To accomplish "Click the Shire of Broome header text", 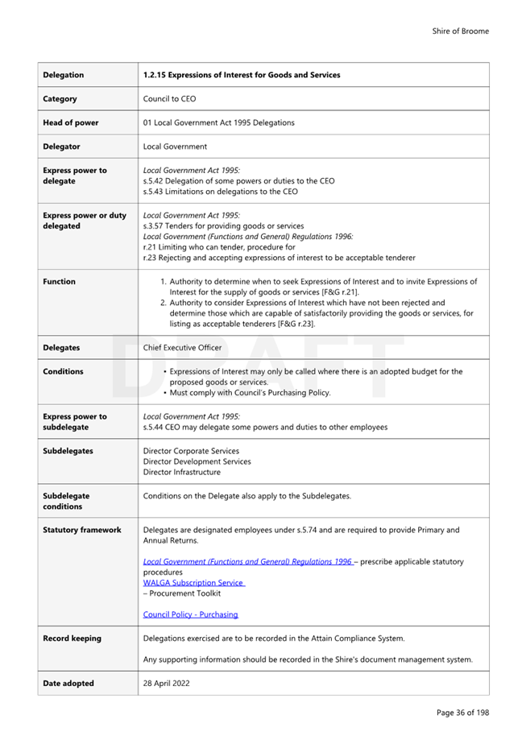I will pos(460,31).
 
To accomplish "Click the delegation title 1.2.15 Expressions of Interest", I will pos(241,75).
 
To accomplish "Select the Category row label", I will pos(60,99).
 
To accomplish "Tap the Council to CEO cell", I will pos(169,99).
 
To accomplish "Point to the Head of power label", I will pos(71,123).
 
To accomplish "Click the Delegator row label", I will pos(62,147).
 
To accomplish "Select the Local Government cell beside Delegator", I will pos(175,147).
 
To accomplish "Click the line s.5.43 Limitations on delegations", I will pos(220,192).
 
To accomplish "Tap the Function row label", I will pos(60,282).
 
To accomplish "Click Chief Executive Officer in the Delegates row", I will pos(182,348).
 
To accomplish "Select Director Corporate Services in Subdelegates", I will pos(191,451).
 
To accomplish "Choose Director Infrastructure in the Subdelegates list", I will pos(181,472).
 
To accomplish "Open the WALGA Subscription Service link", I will pos(193,582).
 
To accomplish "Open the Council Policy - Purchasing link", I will pos(190,614).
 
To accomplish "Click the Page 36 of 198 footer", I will pos(462,713).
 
